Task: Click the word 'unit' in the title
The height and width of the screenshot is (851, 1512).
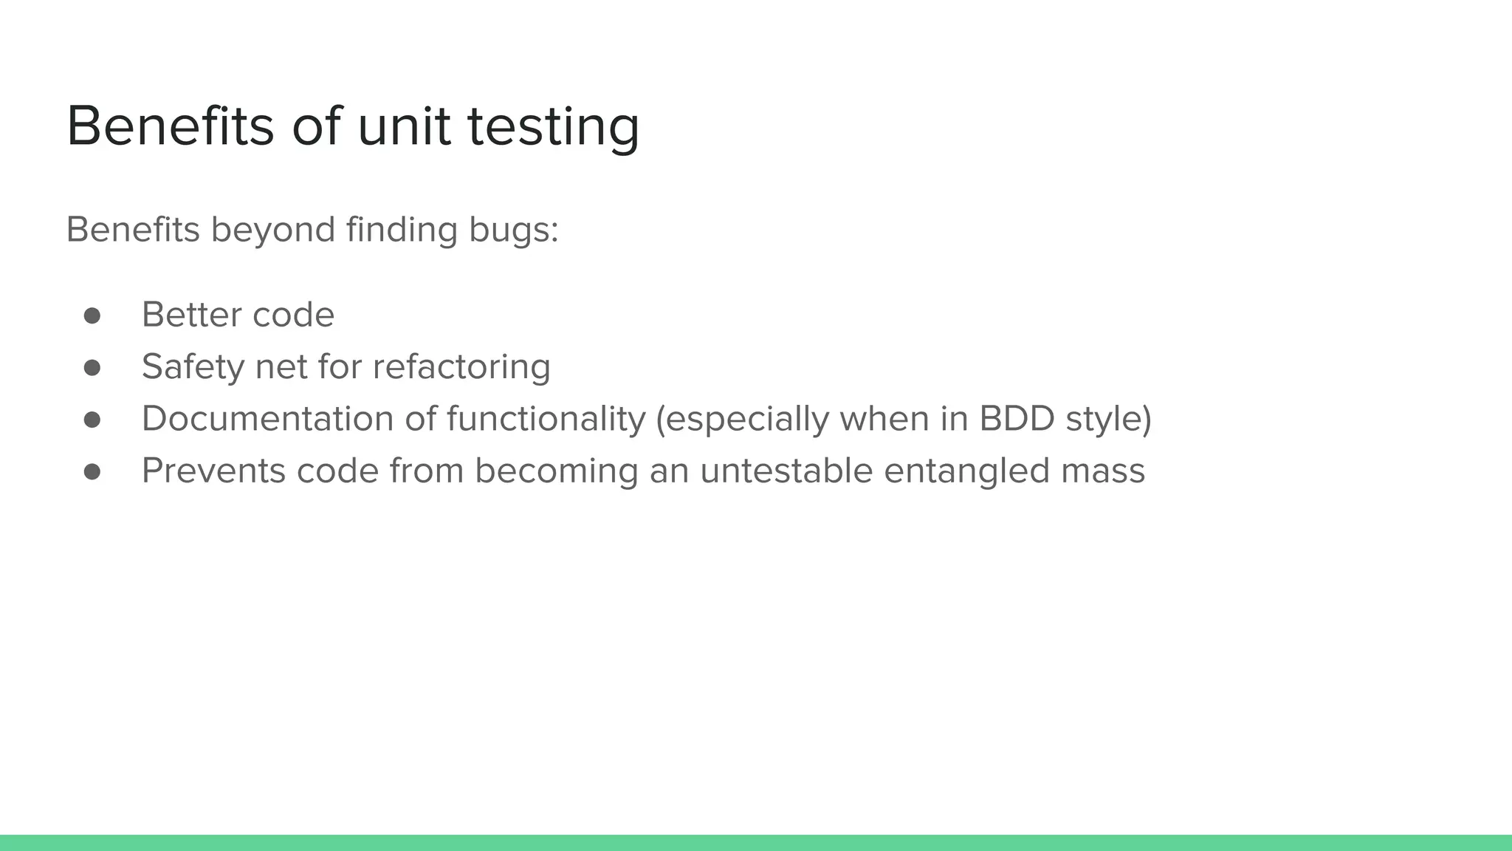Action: point(403,126)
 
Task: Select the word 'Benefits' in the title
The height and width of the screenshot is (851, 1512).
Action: point(170,126)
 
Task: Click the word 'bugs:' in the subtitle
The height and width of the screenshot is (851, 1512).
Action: point(513,230)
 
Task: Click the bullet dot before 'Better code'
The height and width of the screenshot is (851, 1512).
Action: point(92,316)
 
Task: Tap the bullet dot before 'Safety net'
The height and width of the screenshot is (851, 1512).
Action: point(92,368)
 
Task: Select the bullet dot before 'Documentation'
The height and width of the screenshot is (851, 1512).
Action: point(92,420)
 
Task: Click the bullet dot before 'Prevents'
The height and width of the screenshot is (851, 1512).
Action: point(92,472)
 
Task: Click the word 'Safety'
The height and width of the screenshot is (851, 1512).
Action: point(192,367)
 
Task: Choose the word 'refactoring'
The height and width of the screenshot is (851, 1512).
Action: point(461,367)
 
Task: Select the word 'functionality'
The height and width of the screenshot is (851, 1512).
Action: point(546,419)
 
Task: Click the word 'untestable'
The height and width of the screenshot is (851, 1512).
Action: point(786,471)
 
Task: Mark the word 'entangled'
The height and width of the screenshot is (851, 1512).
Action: point(966,471)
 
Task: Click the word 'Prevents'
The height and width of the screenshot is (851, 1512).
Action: point(213,471)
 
